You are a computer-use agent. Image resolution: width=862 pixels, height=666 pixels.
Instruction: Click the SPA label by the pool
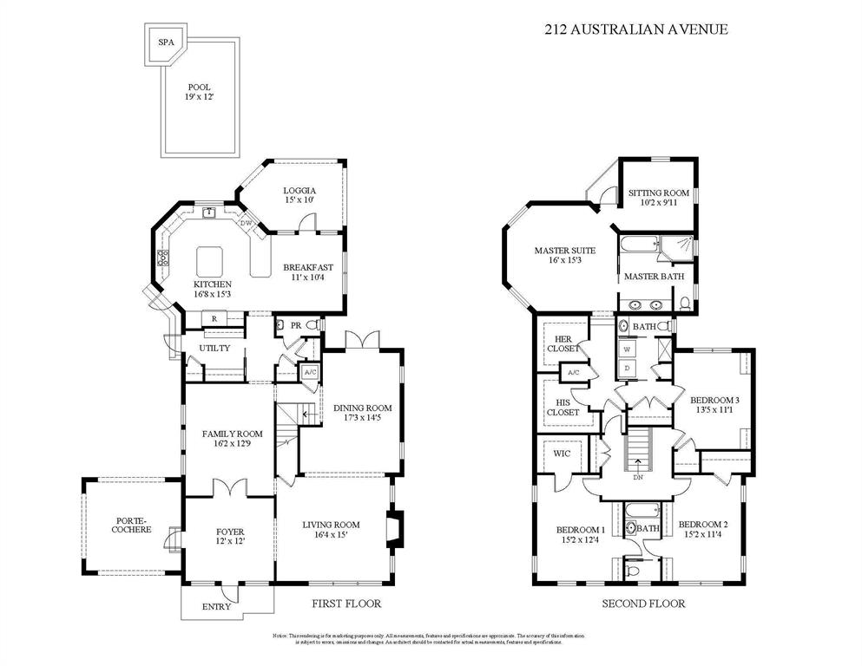164,42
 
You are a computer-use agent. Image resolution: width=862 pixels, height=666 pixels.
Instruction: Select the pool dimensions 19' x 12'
199,97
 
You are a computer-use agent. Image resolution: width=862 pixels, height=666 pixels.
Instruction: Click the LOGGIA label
299,190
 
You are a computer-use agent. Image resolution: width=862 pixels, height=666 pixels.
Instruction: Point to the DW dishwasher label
246,224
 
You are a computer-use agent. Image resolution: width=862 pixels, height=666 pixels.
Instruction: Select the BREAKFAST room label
309,267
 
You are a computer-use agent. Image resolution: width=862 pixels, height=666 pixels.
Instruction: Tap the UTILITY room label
214,348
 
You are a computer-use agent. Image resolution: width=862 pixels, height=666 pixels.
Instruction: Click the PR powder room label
295,325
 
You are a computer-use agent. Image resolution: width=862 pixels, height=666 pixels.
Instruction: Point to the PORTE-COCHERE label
133,525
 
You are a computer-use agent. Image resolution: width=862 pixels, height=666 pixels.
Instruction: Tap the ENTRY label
216,606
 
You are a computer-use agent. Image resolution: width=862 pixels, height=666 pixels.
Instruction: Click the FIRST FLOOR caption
345,604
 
